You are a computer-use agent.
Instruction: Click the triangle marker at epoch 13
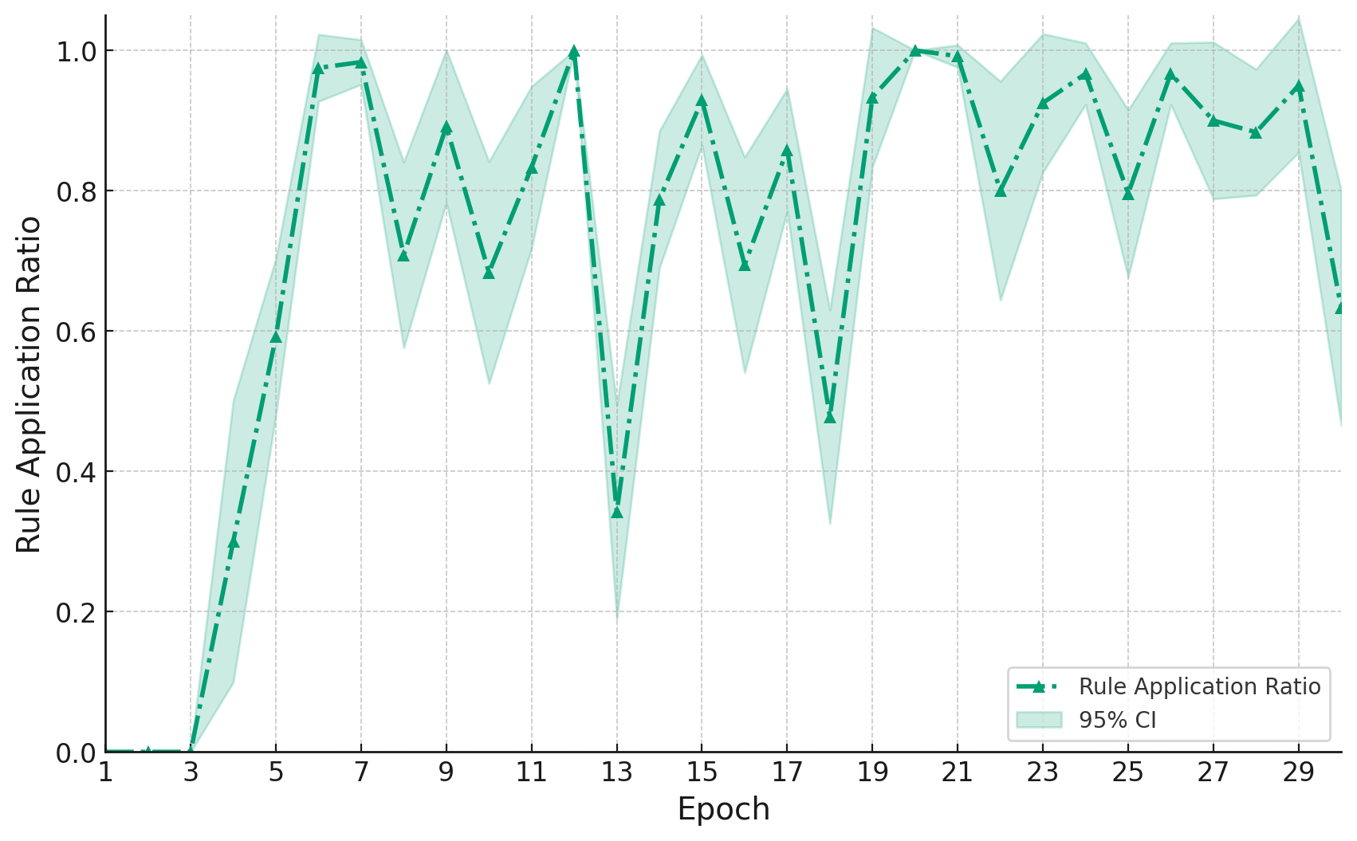616,512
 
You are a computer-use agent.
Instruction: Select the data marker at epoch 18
830,417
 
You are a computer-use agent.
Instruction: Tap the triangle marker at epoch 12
574,51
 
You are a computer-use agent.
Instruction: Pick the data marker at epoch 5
276,337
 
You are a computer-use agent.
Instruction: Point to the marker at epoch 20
915,51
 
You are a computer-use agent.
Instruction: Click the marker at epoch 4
233,542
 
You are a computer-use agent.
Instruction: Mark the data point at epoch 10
489,273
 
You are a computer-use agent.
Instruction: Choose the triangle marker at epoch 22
1001,191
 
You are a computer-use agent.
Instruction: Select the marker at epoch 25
1128,194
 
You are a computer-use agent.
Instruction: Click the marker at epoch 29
1299,86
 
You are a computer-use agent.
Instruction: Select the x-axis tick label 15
702,772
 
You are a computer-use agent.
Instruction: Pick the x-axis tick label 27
1213,772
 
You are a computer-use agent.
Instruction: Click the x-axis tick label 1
105,772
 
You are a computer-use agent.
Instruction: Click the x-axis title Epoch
723,810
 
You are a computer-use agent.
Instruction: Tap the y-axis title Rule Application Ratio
29,384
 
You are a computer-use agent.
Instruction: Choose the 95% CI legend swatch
1039,720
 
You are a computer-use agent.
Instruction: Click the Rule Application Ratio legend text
1199,686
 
